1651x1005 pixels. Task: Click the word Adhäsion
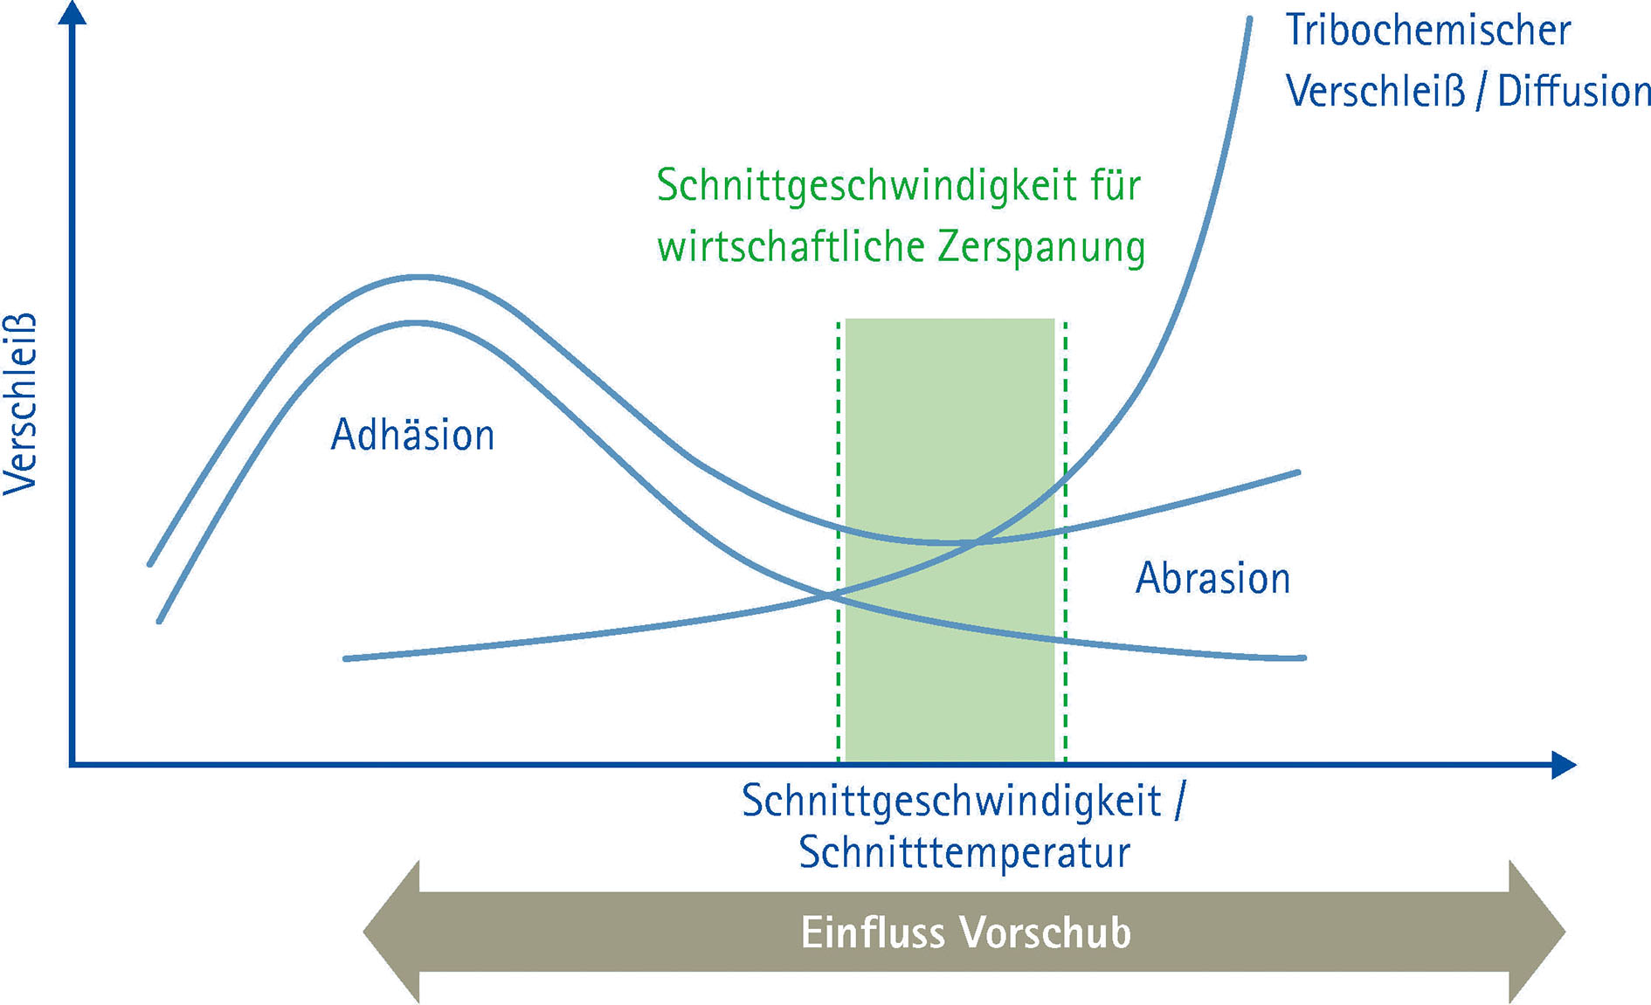[x=412, y=435]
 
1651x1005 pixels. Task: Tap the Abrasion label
[x=1212, y=578]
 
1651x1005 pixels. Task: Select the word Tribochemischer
[x=1427, y=31]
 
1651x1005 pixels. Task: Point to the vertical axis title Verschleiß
[x=21, y=403]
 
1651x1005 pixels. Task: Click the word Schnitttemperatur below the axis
[x=964, y=852]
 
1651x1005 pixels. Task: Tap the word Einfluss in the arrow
[x=873, y=933]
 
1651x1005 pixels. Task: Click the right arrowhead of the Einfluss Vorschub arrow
[x=1537, y=932]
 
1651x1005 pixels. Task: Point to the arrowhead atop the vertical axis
[x=73, y=12]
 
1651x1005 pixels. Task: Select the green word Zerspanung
[x=1041, y=247]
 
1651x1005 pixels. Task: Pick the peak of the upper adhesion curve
[x=419, y=278]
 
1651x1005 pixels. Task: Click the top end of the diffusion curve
[x=1249, y=19]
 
